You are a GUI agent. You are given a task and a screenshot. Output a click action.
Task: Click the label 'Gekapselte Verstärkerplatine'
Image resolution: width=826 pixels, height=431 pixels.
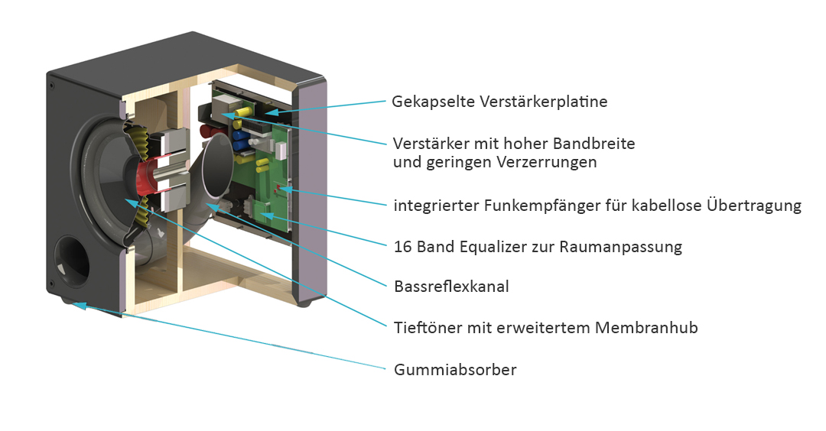[x=499, y=102]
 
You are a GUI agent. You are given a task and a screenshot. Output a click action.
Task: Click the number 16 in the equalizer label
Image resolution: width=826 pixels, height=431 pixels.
[x=403, y=246]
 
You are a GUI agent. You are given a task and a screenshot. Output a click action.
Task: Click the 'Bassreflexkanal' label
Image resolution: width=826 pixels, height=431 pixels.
[x=451, y=287]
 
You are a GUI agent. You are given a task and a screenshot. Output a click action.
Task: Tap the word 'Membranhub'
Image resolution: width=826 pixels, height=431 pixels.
[x=646, y=328]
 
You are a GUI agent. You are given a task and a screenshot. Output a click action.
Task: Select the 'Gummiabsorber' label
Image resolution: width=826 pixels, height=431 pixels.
[x=455, y=370]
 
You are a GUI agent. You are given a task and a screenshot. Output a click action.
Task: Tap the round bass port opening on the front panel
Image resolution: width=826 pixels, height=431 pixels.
[x=73, y=261]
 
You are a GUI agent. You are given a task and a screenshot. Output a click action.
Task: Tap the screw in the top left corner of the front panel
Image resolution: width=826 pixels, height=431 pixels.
[x=52, y=86]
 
